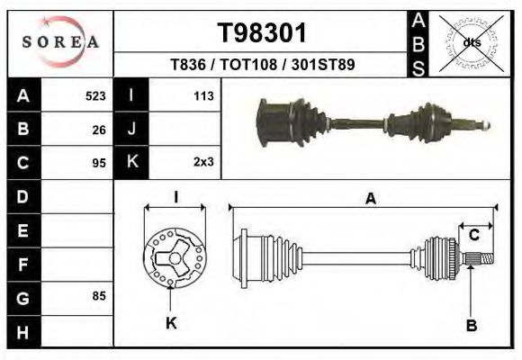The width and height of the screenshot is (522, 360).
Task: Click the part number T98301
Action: [263, 34]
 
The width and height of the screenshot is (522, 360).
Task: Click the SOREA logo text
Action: [60, 42]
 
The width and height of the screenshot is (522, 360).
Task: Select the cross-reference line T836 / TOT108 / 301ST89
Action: [262, 66]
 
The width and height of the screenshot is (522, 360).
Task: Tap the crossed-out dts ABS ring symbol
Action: [470, 42]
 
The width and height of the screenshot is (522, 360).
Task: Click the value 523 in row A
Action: [95, 95]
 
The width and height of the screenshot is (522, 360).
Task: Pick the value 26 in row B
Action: [99, 130]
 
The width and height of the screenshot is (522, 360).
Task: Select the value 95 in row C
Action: [99, 164]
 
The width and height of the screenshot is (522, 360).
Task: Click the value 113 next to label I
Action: [202, 95]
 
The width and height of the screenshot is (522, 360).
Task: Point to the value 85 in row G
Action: [99, 295]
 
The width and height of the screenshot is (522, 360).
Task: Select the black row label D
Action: [23, 196]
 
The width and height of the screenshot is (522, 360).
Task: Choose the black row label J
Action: [131, 130]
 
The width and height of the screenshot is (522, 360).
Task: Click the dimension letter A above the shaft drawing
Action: [370, 199]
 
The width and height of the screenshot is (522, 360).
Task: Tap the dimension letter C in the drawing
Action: [473, 236]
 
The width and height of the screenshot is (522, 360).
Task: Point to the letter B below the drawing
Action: [471, 326]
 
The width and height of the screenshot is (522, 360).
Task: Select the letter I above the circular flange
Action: [176, 197]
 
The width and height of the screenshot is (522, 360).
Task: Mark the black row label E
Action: [23, 230]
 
